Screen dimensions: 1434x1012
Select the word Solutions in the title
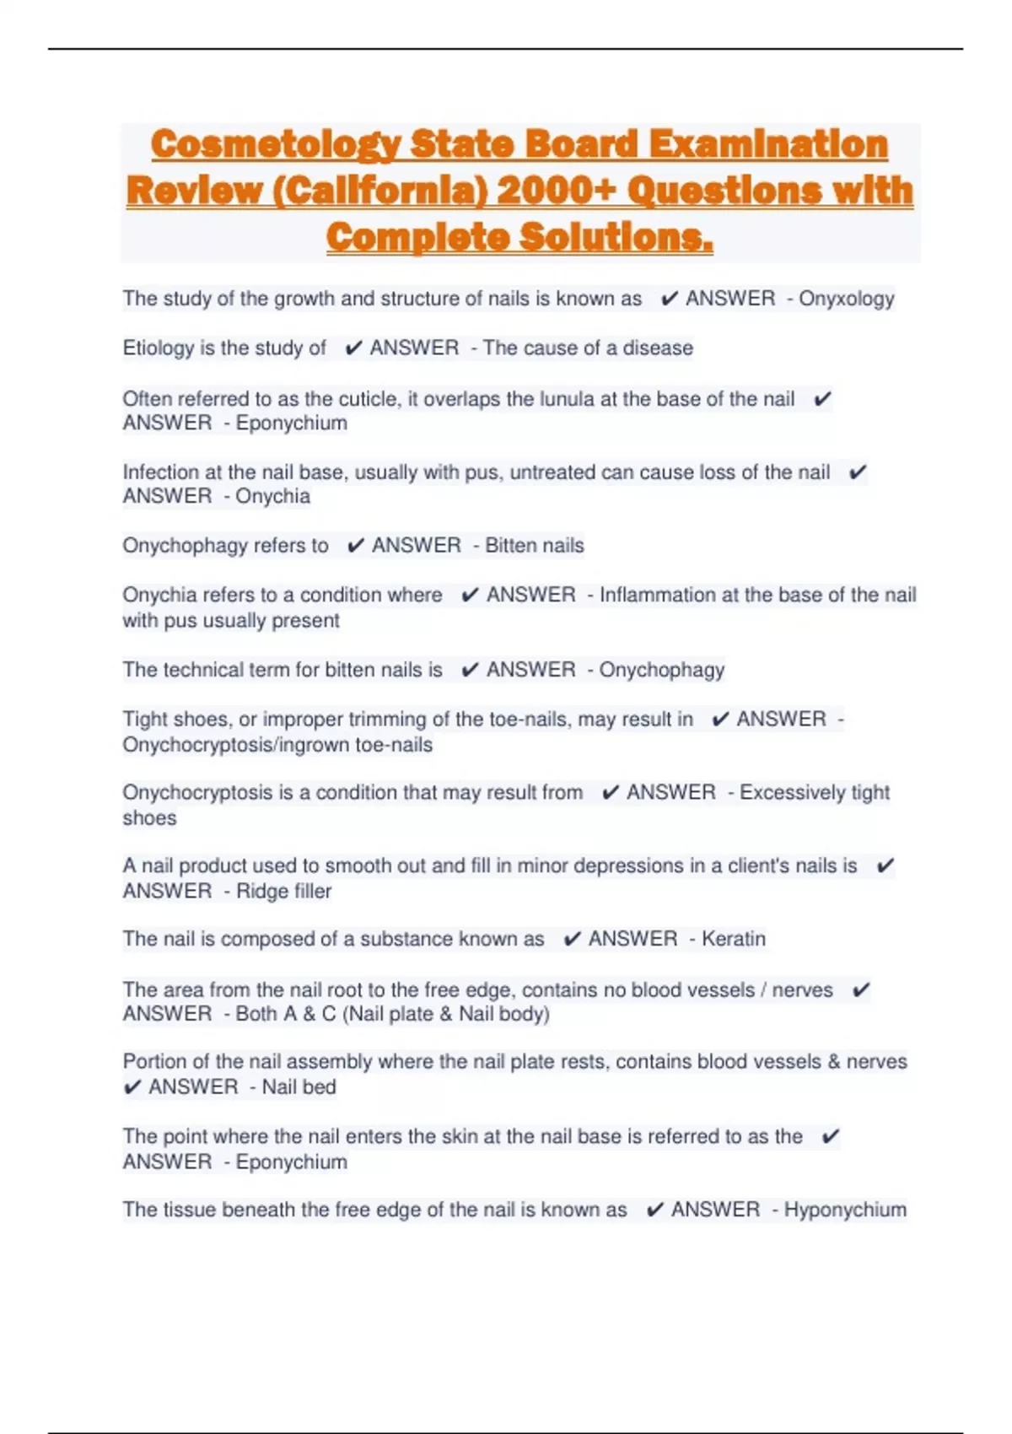(616, 237)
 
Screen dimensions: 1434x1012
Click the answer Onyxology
(846, 299)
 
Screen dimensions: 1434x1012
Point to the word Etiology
(158, 348)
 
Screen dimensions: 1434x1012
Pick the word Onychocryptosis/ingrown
(235, 745)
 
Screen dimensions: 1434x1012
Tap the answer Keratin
(734, 939)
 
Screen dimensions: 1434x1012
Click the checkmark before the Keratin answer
(572, 939)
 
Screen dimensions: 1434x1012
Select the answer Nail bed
(299, 1087)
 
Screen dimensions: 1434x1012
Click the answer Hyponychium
(845, 1210)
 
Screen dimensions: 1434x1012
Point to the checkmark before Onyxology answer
(670, 299)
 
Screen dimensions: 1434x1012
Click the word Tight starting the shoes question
(145, 720)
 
